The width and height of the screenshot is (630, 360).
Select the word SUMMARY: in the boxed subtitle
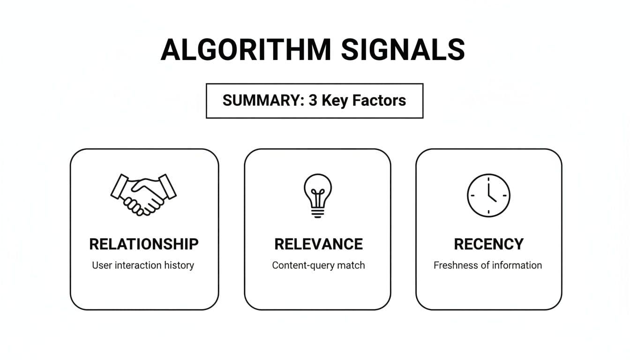[x=263, y=100]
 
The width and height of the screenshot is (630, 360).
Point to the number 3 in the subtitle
[x=313, y=100]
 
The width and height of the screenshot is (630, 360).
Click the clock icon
[x=488, y=195]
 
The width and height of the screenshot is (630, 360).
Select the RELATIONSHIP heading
[x=143, y=244]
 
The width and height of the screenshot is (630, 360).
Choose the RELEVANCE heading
[x=318, y=244]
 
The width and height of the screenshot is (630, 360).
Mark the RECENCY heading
[x=488, y=244]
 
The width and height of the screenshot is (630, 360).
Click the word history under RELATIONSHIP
[x=179, y=265]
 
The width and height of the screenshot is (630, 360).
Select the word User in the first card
[x=102, y=265]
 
